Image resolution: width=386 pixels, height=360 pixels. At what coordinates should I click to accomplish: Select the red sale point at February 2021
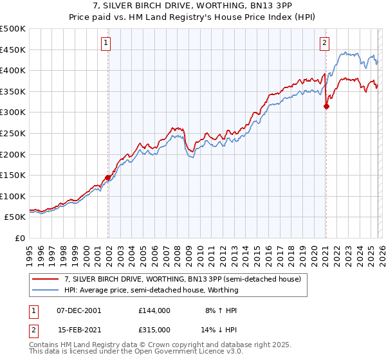pyautogui.click(x=326, y=107)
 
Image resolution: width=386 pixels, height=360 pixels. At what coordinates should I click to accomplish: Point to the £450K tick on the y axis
pyautogui.click(x=13, y=50)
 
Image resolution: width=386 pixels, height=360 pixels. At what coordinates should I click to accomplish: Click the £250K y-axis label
pyautogui.click(x=13, y=133)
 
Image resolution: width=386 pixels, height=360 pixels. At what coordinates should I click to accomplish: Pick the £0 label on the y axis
pyautogui.click(x=19, y=238)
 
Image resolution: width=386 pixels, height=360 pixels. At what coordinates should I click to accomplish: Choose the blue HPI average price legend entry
pyautogui.click(x=151, y=290)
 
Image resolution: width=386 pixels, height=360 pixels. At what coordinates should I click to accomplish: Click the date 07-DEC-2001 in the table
pyautogui.click(x=79, y=310)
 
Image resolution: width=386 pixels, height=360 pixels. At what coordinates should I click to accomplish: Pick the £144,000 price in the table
pyautogui.click(x=154, y=310)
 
